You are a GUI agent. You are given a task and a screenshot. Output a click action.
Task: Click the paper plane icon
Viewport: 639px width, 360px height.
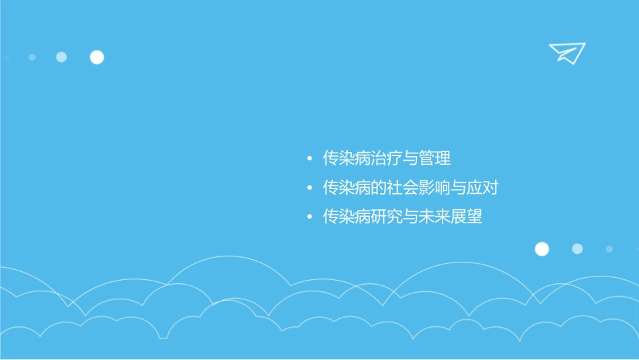coord(567,52)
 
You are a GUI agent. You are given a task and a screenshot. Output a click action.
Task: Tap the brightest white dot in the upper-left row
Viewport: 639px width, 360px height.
coord(97,57)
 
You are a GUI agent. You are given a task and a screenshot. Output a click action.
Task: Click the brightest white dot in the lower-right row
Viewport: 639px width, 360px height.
coord(541,249)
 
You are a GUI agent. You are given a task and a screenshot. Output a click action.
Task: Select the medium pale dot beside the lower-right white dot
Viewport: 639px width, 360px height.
coord(577,249)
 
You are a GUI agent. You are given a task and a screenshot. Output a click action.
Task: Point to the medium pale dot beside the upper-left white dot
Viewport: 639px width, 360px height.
coord(61,57)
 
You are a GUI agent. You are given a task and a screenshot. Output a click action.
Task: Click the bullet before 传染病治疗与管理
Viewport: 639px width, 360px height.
coord(309,159)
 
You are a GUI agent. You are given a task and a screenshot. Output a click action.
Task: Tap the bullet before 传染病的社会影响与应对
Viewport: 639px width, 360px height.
coord(309,188)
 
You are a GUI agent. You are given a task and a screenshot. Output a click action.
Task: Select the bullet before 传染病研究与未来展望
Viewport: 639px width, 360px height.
coord(309,217)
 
